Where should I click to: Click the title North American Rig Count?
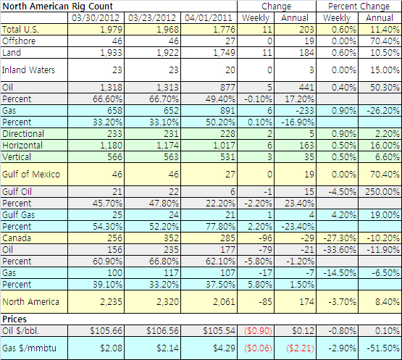pos(58,6)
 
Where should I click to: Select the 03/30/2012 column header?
pos(96,18)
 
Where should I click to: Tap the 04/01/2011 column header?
pos(209,18)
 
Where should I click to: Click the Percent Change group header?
pos(359,7)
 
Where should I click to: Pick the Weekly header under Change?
pos(256,18)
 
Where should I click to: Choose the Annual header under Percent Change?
pos(380,18)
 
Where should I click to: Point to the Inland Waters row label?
pos(28,70)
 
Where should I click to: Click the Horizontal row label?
pos(22,146)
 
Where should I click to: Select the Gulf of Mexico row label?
pos(31,175)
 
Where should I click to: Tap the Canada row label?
pos(17,238)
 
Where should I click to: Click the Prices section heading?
pos(14,319)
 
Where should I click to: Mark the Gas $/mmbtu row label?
pos(29,348)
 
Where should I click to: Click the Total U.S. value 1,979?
pos(112,30)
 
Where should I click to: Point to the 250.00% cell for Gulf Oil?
pos(382,192)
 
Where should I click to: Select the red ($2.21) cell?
pos(300,348)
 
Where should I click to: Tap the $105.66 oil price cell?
pos(106,331)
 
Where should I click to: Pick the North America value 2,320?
pos(167,302)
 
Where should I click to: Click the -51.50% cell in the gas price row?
pos(383,348)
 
